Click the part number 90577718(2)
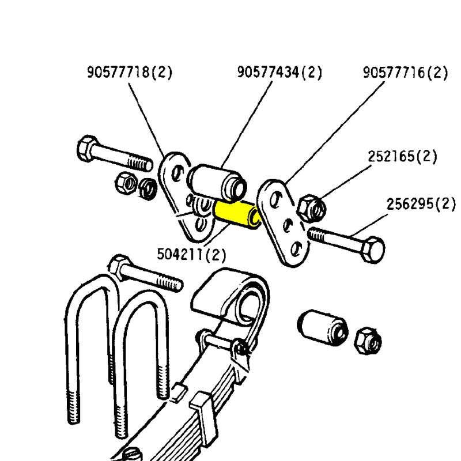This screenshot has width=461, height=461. pyautogui.click(x=130, y=73)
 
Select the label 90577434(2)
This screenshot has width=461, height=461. pyautogui.click(x=279, y=73)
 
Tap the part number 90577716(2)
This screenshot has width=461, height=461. pyautogui.click(x=406, y=73)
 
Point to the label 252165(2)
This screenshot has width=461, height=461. pyautogui.click(x=402, y=156)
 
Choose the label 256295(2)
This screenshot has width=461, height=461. pyautogui.click(x=421, y=204)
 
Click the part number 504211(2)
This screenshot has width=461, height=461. pyautogui.click(x=192, y=254)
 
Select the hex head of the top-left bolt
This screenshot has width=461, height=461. pyautogui.click(x=86, y=148)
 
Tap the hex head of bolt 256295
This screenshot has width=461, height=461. pyautogui.click(x=372, y=250)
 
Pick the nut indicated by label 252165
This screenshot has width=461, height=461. pyautogui.click(x=311, y=208)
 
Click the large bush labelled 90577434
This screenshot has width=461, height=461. pyautogui.click(x=218, y=182)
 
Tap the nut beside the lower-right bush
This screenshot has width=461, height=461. pyautogui.click(x=368, y=341)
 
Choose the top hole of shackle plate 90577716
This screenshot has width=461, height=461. pyautogui.click(x=275, y=199)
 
